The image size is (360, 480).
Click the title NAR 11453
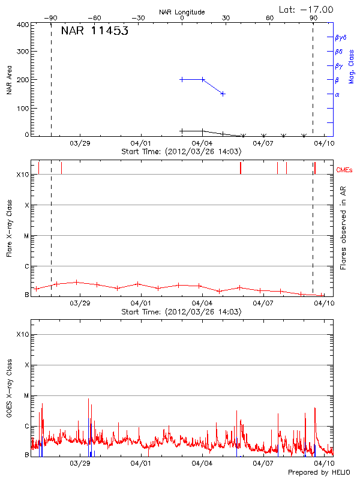point(95,32)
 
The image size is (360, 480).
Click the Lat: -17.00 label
point(307,9)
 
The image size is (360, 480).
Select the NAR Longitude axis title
point(182,12)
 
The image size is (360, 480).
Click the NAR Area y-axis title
point(9,80)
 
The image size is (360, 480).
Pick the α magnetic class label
point(337,94)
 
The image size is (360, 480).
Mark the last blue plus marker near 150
point(223,94)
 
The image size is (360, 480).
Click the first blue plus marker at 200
point(182,79)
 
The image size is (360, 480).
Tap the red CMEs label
point(345,170)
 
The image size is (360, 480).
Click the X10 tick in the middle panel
point(23,175)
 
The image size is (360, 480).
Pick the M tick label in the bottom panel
point(26,395)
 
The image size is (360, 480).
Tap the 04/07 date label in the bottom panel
point(263,463)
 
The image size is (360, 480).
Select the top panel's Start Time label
point(181,152)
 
